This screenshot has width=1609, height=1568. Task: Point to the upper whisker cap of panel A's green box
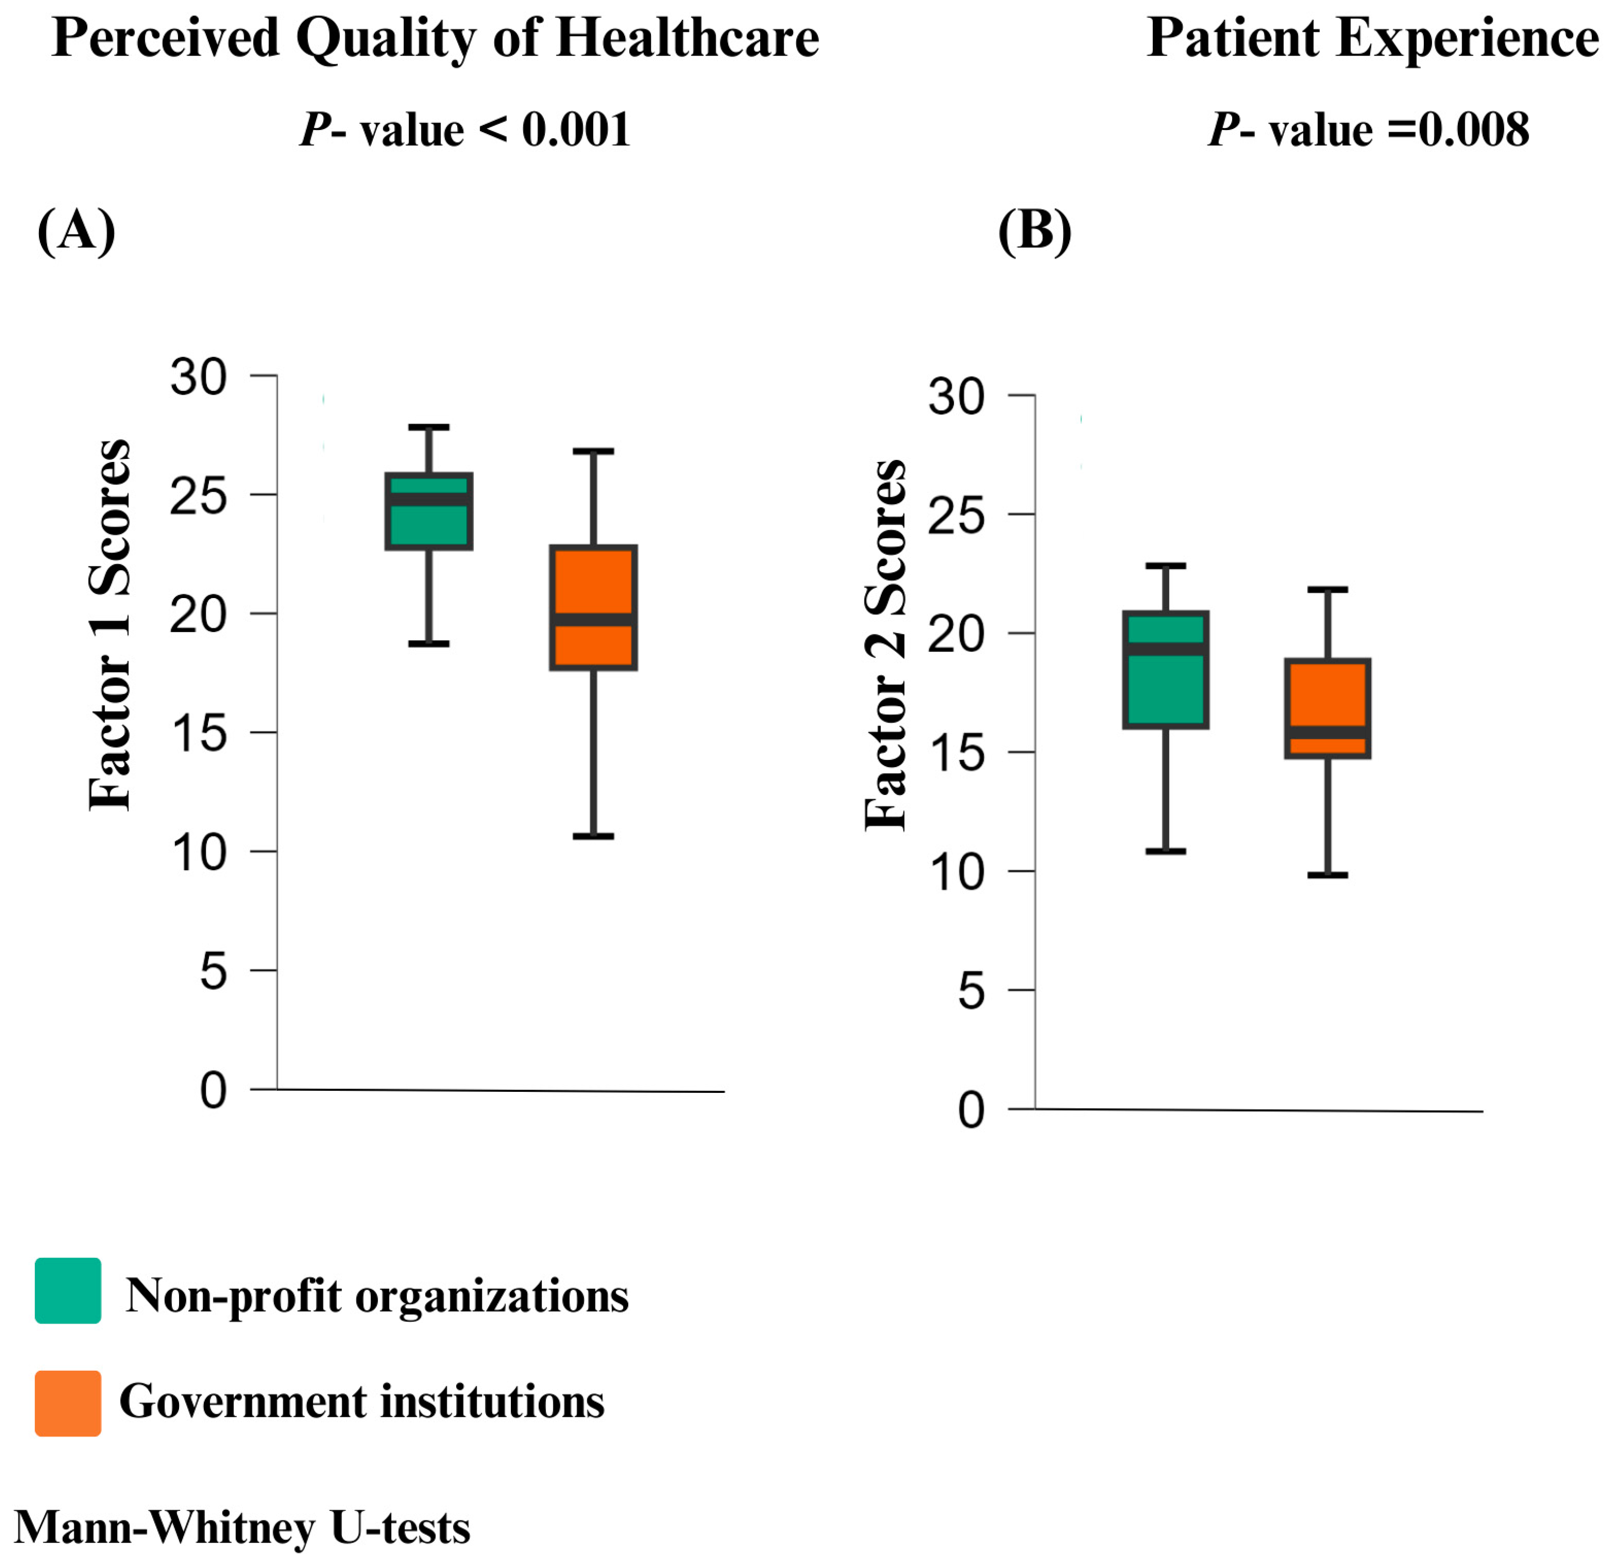[x=429, y=428]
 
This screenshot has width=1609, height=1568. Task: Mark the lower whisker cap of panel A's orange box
[x=593, y=836]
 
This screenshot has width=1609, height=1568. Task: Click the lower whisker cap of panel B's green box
[x=1165, y=851]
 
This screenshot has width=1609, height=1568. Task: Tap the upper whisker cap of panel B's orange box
[x=1327, y=589]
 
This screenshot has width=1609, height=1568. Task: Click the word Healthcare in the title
[x=687, y=38]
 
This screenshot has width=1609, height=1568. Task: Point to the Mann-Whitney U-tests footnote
[x=242, y=1528]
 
